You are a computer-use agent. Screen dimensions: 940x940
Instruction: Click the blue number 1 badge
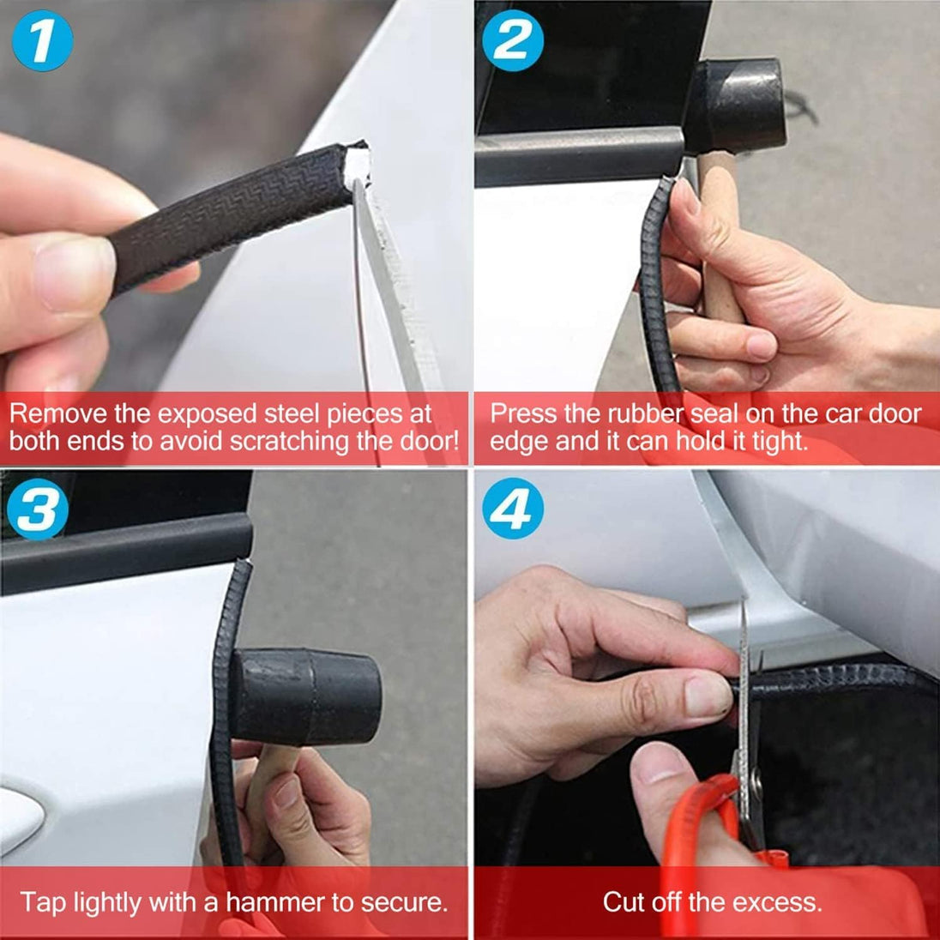[x=41, y=41]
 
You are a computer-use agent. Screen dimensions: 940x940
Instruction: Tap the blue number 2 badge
[x=512, y=41]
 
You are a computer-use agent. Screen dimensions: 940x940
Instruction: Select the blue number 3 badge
[x=38, y=510]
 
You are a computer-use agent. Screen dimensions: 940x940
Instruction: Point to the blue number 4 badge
[x=512, y=511]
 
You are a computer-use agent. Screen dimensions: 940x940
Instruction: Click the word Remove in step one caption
[x=58, y=414]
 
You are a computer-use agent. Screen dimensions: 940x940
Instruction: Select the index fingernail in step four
[x=707, y=696]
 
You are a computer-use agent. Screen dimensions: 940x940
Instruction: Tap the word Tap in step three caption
[x=38, y=902]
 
